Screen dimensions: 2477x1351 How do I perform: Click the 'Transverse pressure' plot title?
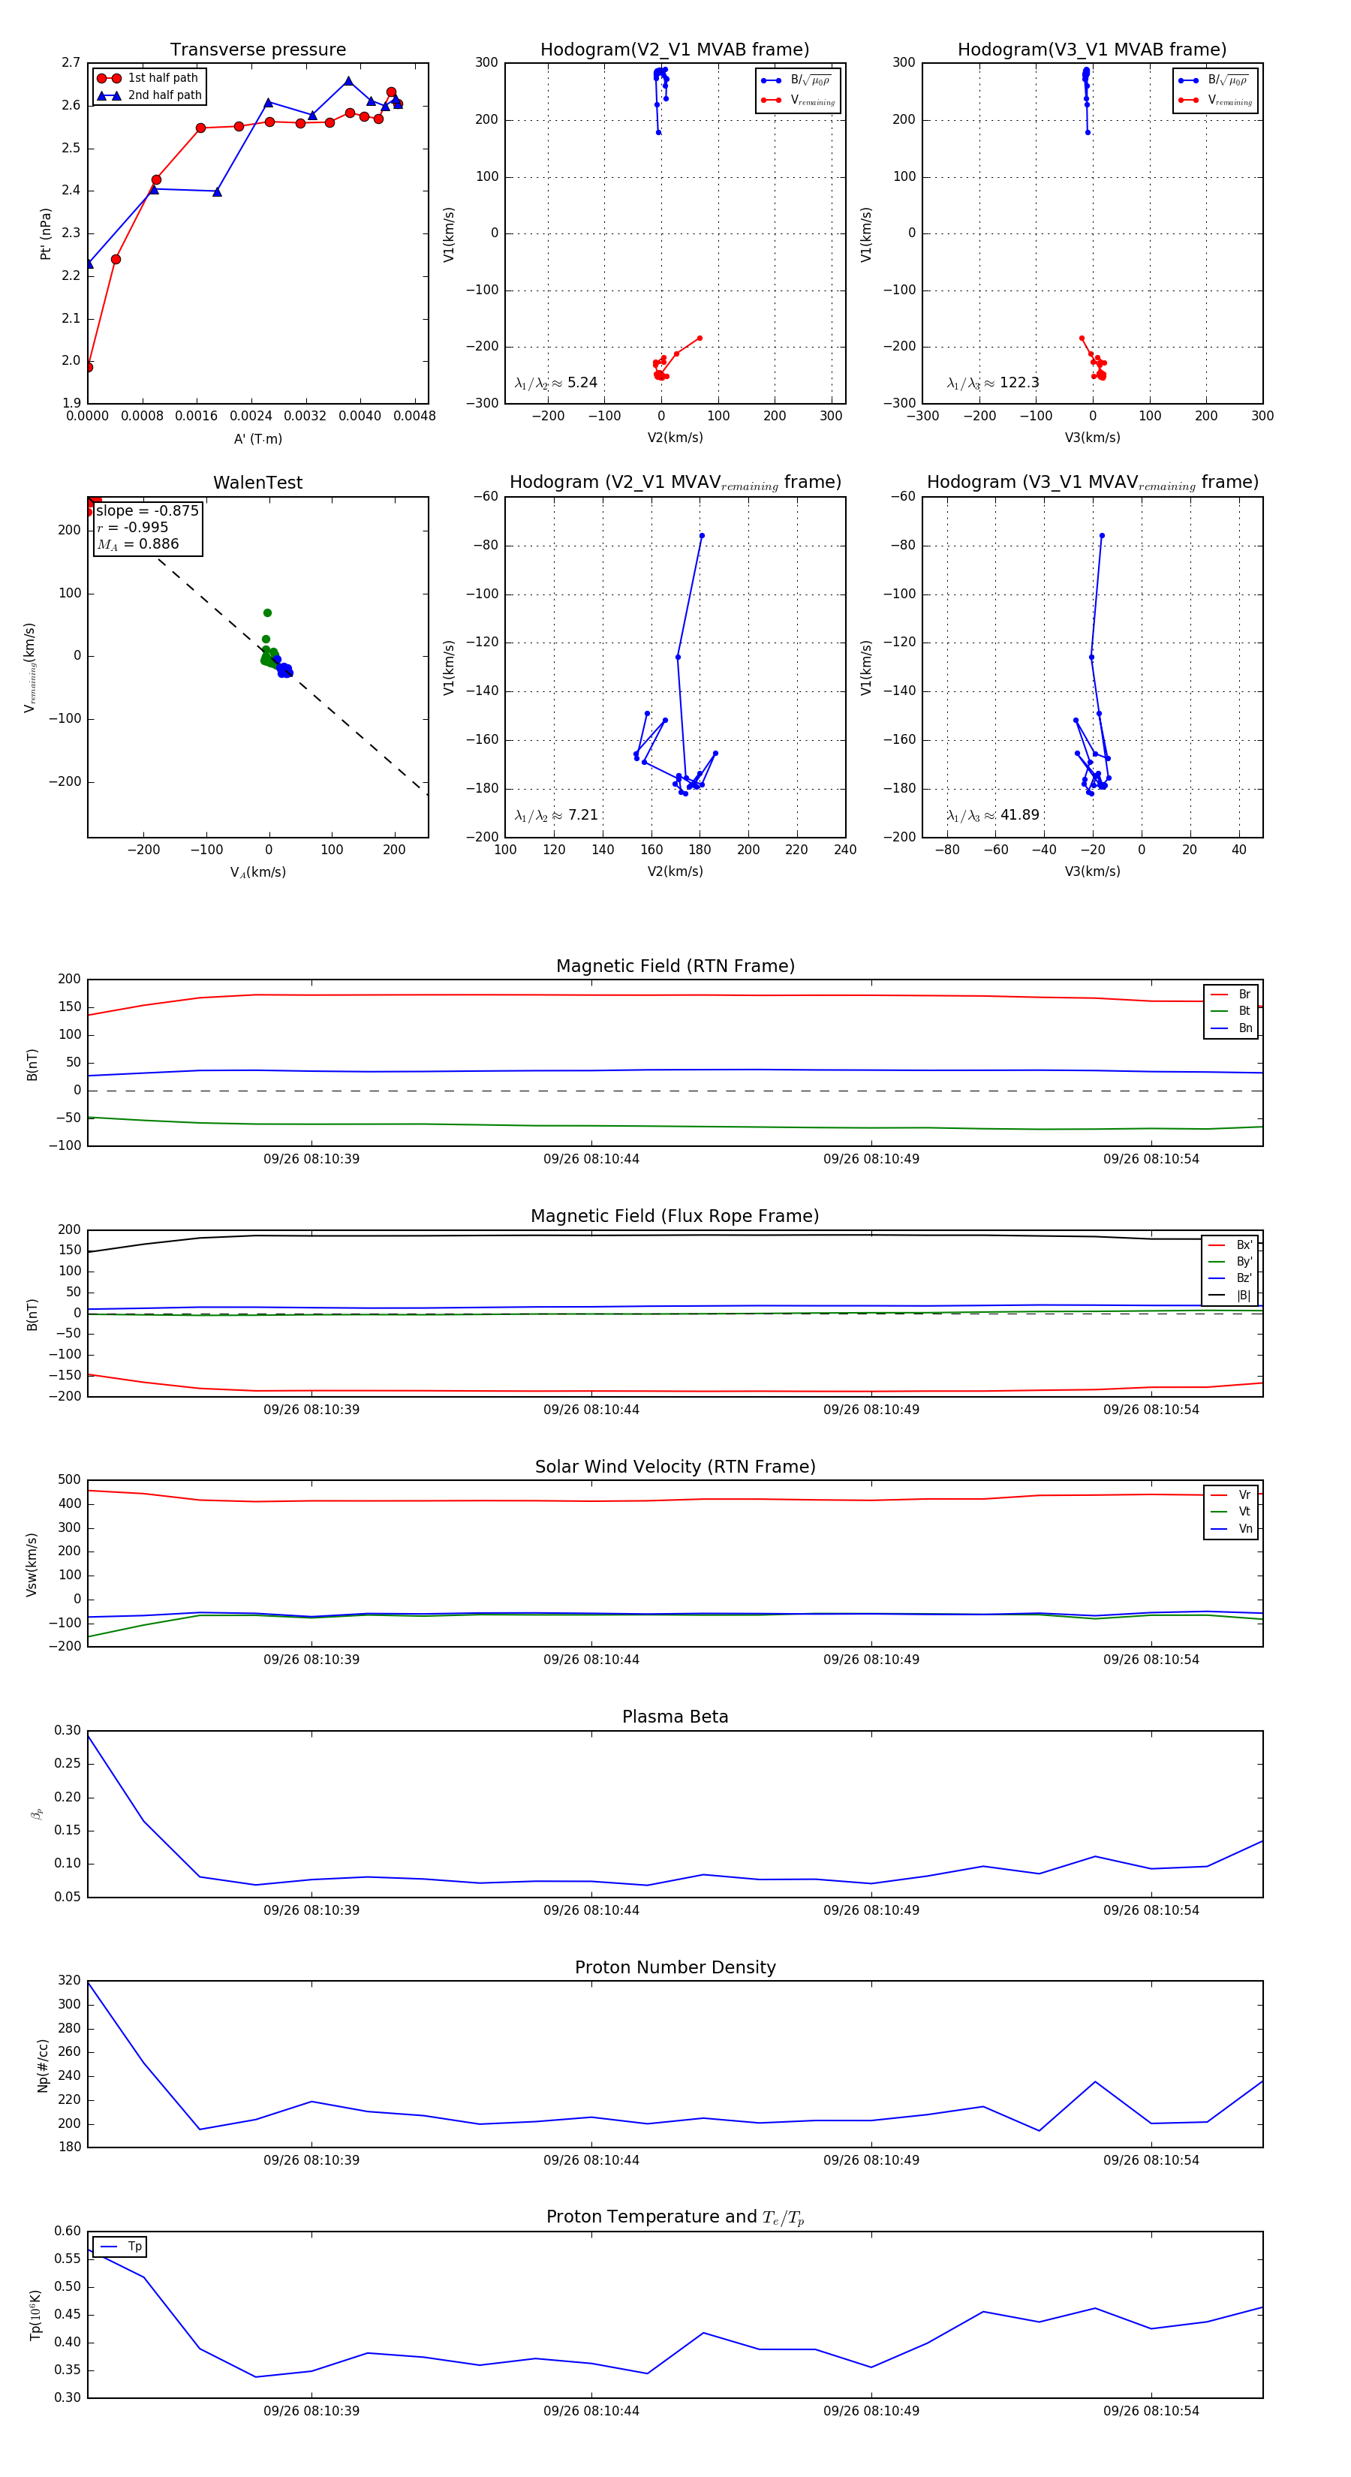coord(257,50)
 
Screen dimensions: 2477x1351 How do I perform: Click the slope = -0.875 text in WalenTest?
coord(147,510)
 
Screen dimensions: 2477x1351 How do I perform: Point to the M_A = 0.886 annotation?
coord(137,544)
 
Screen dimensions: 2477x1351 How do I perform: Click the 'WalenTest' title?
coord(257,483)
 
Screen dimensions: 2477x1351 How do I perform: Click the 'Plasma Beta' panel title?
coord(675,1717)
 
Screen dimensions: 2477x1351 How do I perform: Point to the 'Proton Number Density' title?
coord(675,1967)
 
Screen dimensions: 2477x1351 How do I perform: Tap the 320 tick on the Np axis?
coord(69,1981)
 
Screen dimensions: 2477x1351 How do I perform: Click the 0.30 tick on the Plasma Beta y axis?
coord(68,1731)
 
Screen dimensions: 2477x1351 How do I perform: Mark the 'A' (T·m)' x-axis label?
coord(257,439)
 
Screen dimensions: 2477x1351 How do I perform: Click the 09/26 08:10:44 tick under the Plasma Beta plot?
coord(591,1910)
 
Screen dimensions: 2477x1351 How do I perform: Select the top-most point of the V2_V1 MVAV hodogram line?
coord(702,536)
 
